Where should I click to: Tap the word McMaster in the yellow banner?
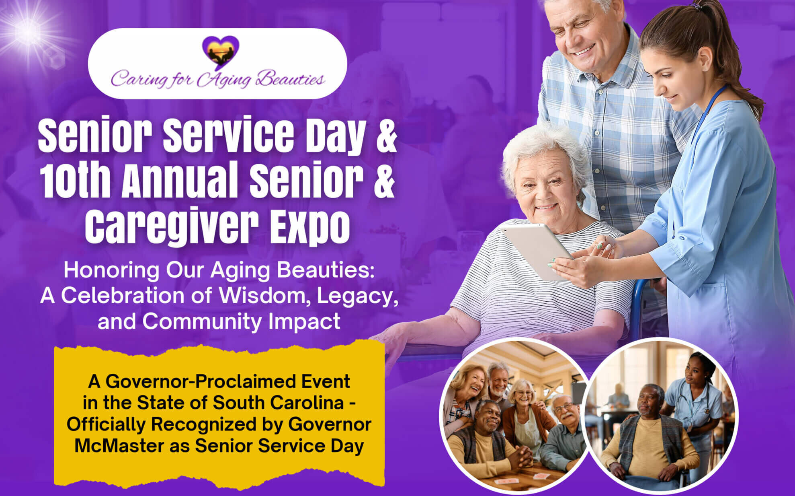pos(119,446)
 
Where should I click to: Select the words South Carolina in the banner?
pos(278,403)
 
